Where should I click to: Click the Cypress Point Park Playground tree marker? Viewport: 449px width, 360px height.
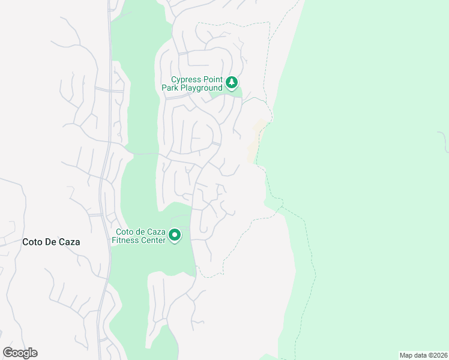[232, 82]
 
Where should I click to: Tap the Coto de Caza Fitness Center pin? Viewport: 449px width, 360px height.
[175, 235]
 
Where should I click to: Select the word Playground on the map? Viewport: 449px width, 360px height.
[202, 88]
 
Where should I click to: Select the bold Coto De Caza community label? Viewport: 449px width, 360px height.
[51, 242]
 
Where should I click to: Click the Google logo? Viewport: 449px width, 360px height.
[20, 353]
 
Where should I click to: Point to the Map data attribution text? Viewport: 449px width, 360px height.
[423, 355]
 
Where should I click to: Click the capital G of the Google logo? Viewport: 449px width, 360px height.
[8, 353]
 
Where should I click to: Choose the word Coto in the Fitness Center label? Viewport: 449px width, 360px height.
[125, 232]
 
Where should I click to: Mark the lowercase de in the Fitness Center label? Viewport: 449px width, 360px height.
[141, 232]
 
